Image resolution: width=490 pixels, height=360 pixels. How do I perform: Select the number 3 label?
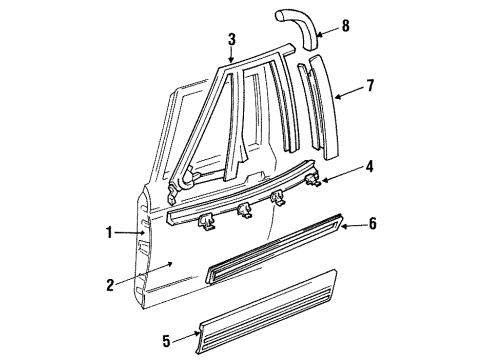click(x=231, y=41)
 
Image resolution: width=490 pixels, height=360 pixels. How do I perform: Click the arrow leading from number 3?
click(x=231, y=58)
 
